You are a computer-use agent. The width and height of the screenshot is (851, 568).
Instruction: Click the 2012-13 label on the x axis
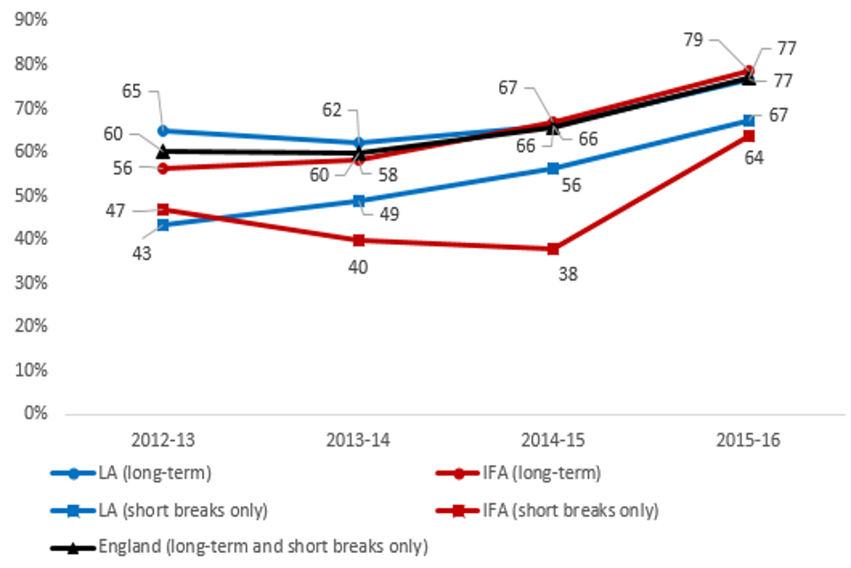[163, 439]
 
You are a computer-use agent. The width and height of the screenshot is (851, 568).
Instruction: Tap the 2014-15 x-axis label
[553, 439]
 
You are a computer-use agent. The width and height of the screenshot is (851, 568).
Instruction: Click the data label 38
[567, 274]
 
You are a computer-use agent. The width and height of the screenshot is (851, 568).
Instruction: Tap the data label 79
[694, 39]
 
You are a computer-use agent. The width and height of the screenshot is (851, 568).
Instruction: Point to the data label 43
[142, 253]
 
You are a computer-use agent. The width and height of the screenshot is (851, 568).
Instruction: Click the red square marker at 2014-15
[553, 248]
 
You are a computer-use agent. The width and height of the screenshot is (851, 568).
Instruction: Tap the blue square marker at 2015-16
[748, 120]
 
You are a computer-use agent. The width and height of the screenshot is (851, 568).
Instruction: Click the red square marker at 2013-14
[358, 240]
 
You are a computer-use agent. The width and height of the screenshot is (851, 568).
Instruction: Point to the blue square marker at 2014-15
[553, 169]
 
